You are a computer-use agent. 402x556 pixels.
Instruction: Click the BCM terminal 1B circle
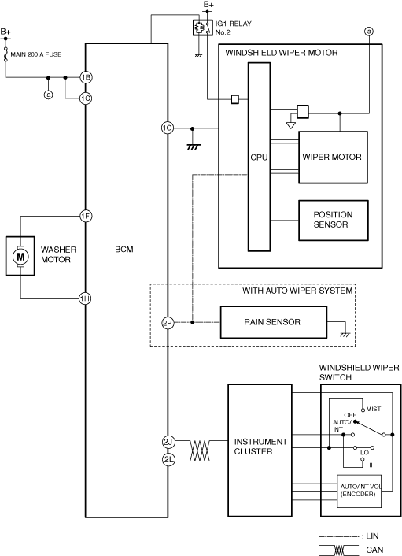point(86,77)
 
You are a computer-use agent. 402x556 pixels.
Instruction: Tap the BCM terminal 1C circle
point(86,98)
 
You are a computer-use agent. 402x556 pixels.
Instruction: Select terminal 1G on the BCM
point(168,128)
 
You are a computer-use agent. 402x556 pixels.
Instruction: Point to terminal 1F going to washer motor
point(86,216)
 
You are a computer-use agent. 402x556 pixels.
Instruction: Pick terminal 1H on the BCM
point(85,298)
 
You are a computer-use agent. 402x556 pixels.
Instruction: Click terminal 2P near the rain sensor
point(168,323)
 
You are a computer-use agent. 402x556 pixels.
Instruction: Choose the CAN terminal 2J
point(168,442)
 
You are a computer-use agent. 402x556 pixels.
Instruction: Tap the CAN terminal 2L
point(169,460)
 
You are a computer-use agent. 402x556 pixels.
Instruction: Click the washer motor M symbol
point(20,256)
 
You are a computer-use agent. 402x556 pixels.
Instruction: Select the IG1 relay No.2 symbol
point(203,28)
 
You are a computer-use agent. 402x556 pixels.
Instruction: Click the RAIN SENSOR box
point(274,322)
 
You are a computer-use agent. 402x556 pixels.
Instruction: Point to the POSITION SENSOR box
point(334,221)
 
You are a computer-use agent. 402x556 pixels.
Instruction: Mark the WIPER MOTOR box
point(333,158)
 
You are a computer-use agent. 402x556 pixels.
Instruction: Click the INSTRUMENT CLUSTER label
point(260,447)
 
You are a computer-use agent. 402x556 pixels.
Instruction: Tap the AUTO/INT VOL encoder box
point(360,491)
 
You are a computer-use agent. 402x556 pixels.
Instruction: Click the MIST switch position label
point(374,409)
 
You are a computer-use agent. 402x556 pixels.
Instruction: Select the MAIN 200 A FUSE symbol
point(6,54)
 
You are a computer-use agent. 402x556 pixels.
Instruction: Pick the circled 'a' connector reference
point(369,32)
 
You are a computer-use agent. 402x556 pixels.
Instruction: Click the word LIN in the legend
point(372,536)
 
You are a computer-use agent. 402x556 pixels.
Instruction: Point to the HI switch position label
point(370,465)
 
